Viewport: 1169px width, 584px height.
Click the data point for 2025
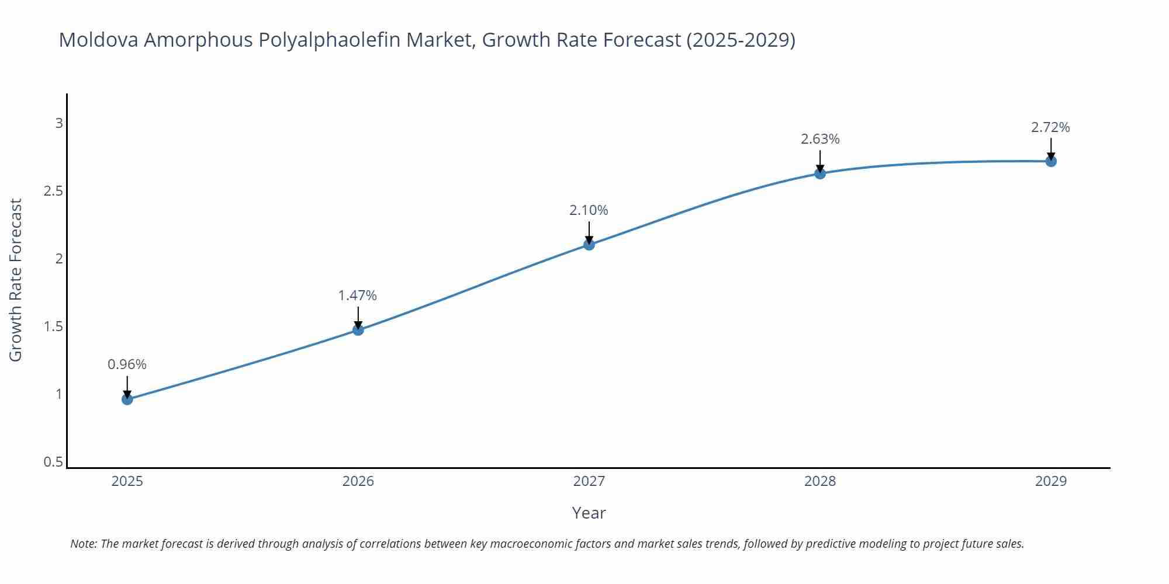tap(127, 399)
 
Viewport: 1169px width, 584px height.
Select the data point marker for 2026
tap(358, 330)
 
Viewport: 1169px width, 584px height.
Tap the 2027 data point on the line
tap(589, 245)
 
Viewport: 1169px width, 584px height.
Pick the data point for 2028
tap(820, 173)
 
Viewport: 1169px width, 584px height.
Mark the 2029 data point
tap(1051, 161)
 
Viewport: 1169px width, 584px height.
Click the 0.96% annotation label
tap(127, 364)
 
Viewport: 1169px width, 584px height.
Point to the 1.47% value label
tap(358, 296)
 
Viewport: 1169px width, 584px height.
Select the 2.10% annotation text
tap(589, 210)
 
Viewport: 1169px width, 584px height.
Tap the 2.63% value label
tap(820, 139)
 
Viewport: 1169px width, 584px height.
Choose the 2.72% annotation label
tap(1050, 127)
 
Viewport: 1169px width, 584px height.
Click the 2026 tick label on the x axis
tap(358, 481)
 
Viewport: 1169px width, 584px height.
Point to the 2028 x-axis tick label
tap(820, 481)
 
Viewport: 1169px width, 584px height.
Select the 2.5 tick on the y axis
tap(54, 191)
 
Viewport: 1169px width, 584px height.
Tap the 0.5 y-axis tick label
tap(54, 462)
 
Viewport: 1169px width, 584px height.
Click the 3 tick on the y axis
tap(59, 123)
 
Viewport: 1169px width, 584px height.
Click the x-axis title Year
tap(589, 513)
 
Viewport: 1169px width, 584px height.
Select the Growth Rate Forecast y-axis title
tap(16, 280)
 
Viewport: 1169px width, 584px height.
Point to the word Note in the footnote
tap(83, 544)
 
